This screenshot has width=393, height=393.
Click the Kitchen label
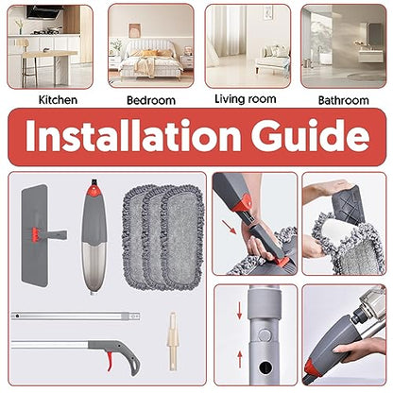tap(58, 100)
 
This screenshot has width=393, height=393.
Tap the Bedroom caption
tap(151, 100)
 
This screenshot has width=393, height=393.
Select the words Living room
tap(246, 99)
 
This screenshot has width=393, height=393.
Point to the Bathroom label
tap(343, 100)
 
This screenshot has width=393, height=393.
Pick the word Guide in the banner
tap(310, 136)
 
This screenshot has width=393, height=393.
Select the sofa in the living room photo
tap(273, 60)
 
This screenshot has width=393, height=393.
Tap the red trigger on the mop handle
tap(110, 361)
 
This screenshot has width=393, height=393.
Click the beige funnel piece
tap(172, 341)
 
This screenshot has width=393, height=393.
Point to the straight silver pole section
tap(76, 316)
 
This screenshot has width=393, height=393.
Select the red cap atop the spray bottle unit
tap(94, 190)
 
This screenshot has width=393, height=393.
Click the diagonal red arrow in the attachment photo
tap(229, 227)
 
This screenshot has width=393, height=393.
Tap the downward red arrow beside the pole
tap(239, 310)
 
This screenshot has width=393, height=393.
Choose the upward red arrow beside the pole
tap(240, 359)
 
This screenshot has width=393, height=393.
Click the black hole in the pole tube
tap(265, 367)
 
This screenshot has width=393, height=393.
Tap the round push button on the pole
tap(264, 334)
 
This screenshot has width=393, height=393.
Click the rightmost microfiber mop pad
tap(183, 238)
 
